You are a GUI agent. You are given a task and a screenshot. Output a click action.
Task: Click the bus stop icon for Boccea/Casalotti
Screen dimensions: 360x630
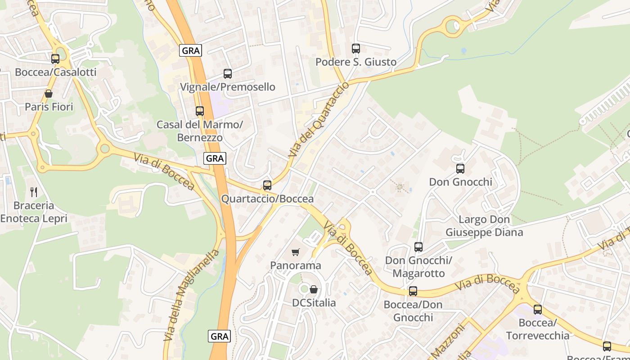click(55, 58)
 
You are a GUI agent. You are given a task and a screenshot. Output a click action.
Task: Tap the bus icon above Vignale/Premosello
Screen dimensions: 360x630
click(228, 73)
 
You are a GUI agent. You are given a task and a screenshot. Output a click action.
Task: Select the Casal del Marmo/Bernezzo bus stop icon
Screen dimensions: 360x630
click(200, 111)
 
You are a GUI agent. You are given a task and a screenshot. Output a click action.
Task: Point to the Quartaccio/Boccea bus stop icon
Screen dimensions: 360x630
click(267, 185)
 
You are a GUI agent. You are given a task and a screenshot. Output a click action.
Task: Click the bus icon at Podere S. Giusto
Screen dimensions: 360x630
click(356, 48)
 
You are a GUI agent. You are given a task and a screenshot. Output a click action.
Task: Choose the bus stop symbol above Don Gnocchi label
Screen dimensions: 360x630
click(460, 169)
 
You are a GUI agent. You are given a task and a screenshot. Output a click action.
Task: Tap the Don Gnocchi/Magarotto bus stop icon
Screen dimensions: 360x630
click(418, 247)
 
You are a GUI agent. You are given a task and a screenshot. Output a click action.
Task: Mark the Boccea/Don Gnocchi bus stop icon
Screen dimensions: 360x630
click(413, 291)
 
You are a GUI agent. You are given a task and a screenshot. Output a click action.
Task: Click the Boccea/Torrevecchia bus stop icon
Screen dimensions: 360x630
click(538, 310)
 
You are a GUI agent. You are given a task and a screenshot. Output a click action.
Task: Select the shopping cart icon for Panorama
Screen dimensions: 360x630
click(296, 252)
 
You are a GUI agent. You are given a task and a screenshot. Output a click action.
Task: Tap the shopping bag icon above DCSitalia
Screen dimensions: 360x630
click(314, 289)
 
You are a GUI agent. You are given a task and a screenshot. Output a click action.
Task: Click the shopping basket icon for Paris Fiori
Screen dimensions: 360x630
click(49, 94)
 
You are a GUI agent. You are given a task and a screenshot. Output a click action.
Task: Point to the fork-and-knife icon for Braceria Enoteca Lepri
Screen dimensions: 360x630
click(34, 192)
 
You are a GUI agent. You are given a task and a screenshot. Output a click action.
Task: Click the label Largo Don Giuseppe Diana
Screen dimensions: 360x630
click(484, 226)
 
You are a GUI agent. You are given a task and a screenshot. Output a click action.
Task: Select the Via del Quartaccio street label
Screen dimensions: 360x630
click(318, 120)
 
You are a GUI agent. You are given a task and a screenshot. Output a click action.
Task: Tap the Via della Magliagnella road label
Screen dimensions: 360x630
click(191, 295)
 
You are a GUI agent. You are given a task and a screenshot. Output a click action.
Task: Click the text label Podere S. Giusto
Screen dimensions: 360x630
click(356, 62)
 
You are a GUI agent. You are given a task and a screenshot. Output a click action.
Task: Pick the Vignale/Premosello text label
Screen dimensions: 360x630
click(228, 87)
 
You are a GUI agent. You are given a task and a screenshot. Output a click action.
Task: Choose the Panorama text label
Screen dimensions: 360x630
click(296, 265)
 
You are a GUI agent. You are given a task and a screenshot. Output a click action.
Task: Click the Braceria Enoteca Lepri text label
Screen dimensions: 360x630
click(34, 212)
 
